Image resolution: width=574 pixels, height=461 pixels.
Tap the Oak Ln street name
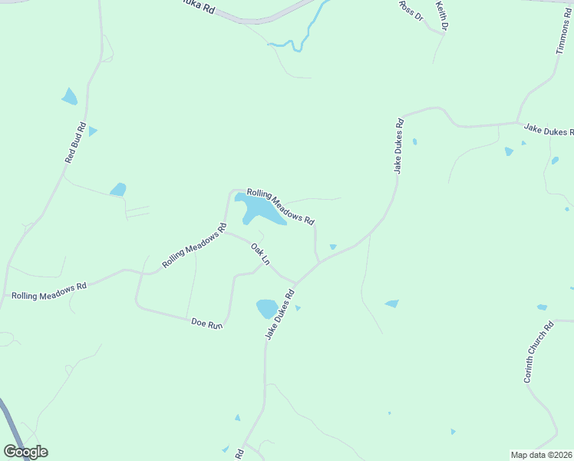[x=261, y=254]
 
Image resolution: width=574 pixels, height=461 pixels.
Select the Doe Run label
[x=206, y=325]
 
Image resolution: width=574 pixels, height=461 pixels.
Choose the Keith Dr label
[x=442, y=15]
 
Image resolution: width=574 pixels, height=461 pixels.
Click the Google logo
[x=25, y=452]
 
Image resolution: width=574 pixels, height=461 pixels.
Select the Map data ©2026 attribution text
[x=541, y=455]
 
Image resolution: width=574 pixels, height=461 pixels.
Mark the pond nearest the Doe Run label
[x=266, y=308]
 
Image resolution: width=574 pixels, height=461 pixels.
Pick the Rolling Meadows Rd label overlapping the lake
[x=281, y=207]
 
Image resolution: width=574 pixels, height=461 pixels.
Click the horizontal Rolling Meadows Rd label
[x=49, y=290]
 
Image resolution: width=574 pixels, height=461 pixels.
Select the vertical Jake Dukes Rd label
[x=398, y=146]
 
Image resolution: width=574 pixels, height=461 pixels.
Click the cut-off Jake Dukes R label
[x=548, y=131]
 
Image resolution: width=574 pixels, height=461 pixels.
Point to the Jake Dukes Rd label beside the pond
[x=280, y=314]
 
